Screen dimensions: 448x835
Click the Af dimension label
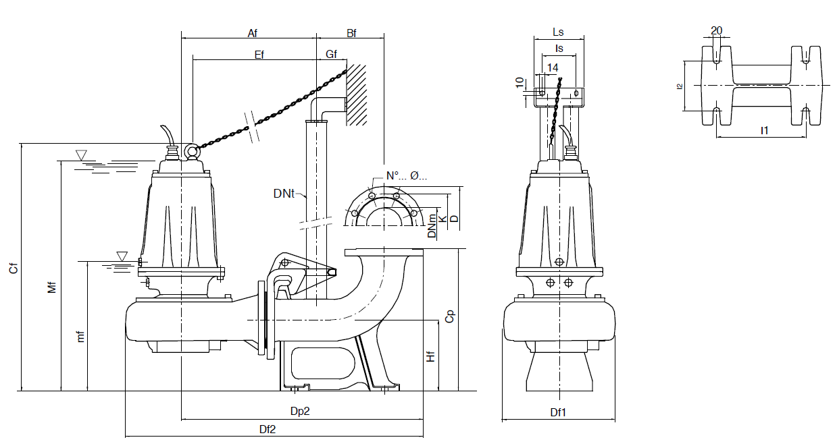tap(253, 32)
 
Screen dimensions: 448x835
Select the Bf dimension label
tap(351, 32)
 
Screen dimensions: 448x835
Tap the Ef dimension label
tap(259, 55)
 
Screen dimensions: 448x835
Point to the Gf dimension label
tap(331, 55)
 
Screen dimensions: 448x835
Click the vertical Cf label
tap(13, 268)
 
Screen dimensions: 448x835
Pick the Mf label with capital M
tap(52, 287)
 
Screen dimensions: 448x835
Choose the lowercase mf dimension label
tap(80, 335)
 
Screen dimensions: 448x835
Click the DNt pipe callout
tap(284, 194)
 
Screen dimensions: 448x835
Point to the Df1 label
tap(557, 412)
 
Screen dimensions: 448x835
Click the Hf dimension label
tap(430, 356)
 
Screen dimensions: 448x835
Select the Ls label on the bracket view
tap(558, 32)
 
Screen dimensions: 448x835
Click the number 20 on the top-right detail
tap(717, 30)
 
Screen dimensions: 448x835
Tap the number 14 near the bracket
tap(553, 67)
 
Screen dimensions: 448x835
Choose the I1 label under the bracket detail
tap(764, 130)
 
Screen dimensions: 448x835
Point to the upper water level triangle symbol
tap(82, 156)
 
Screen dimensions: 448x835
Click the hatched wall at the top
tap(357, 94)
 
